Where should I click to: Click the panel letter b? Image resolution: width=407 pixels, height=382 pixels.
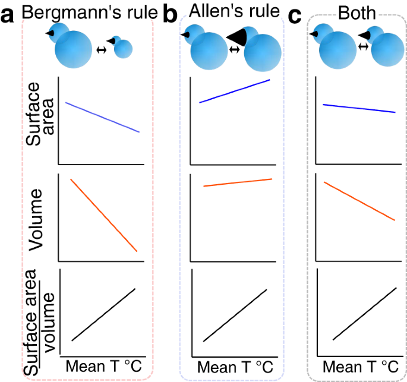tap(170, 16)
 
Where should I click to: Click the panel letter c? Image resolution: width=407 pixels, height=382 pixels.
tap(295, 16)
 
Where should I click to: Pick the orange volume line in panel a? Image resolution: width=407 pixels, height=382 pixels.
tap(104, 215)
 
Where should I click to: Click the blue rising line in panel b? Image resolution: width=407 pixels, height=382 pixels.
tap(235, 91)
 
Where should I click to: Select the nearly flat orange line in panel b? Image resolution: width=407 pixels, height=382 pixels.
tap(238, 182)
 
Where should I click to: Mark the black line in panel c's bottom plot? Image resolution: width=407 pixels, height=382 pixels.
tap(364, 313)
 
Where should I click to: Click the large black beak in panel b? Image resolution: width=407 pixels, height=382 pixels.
tap(237, 36)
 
